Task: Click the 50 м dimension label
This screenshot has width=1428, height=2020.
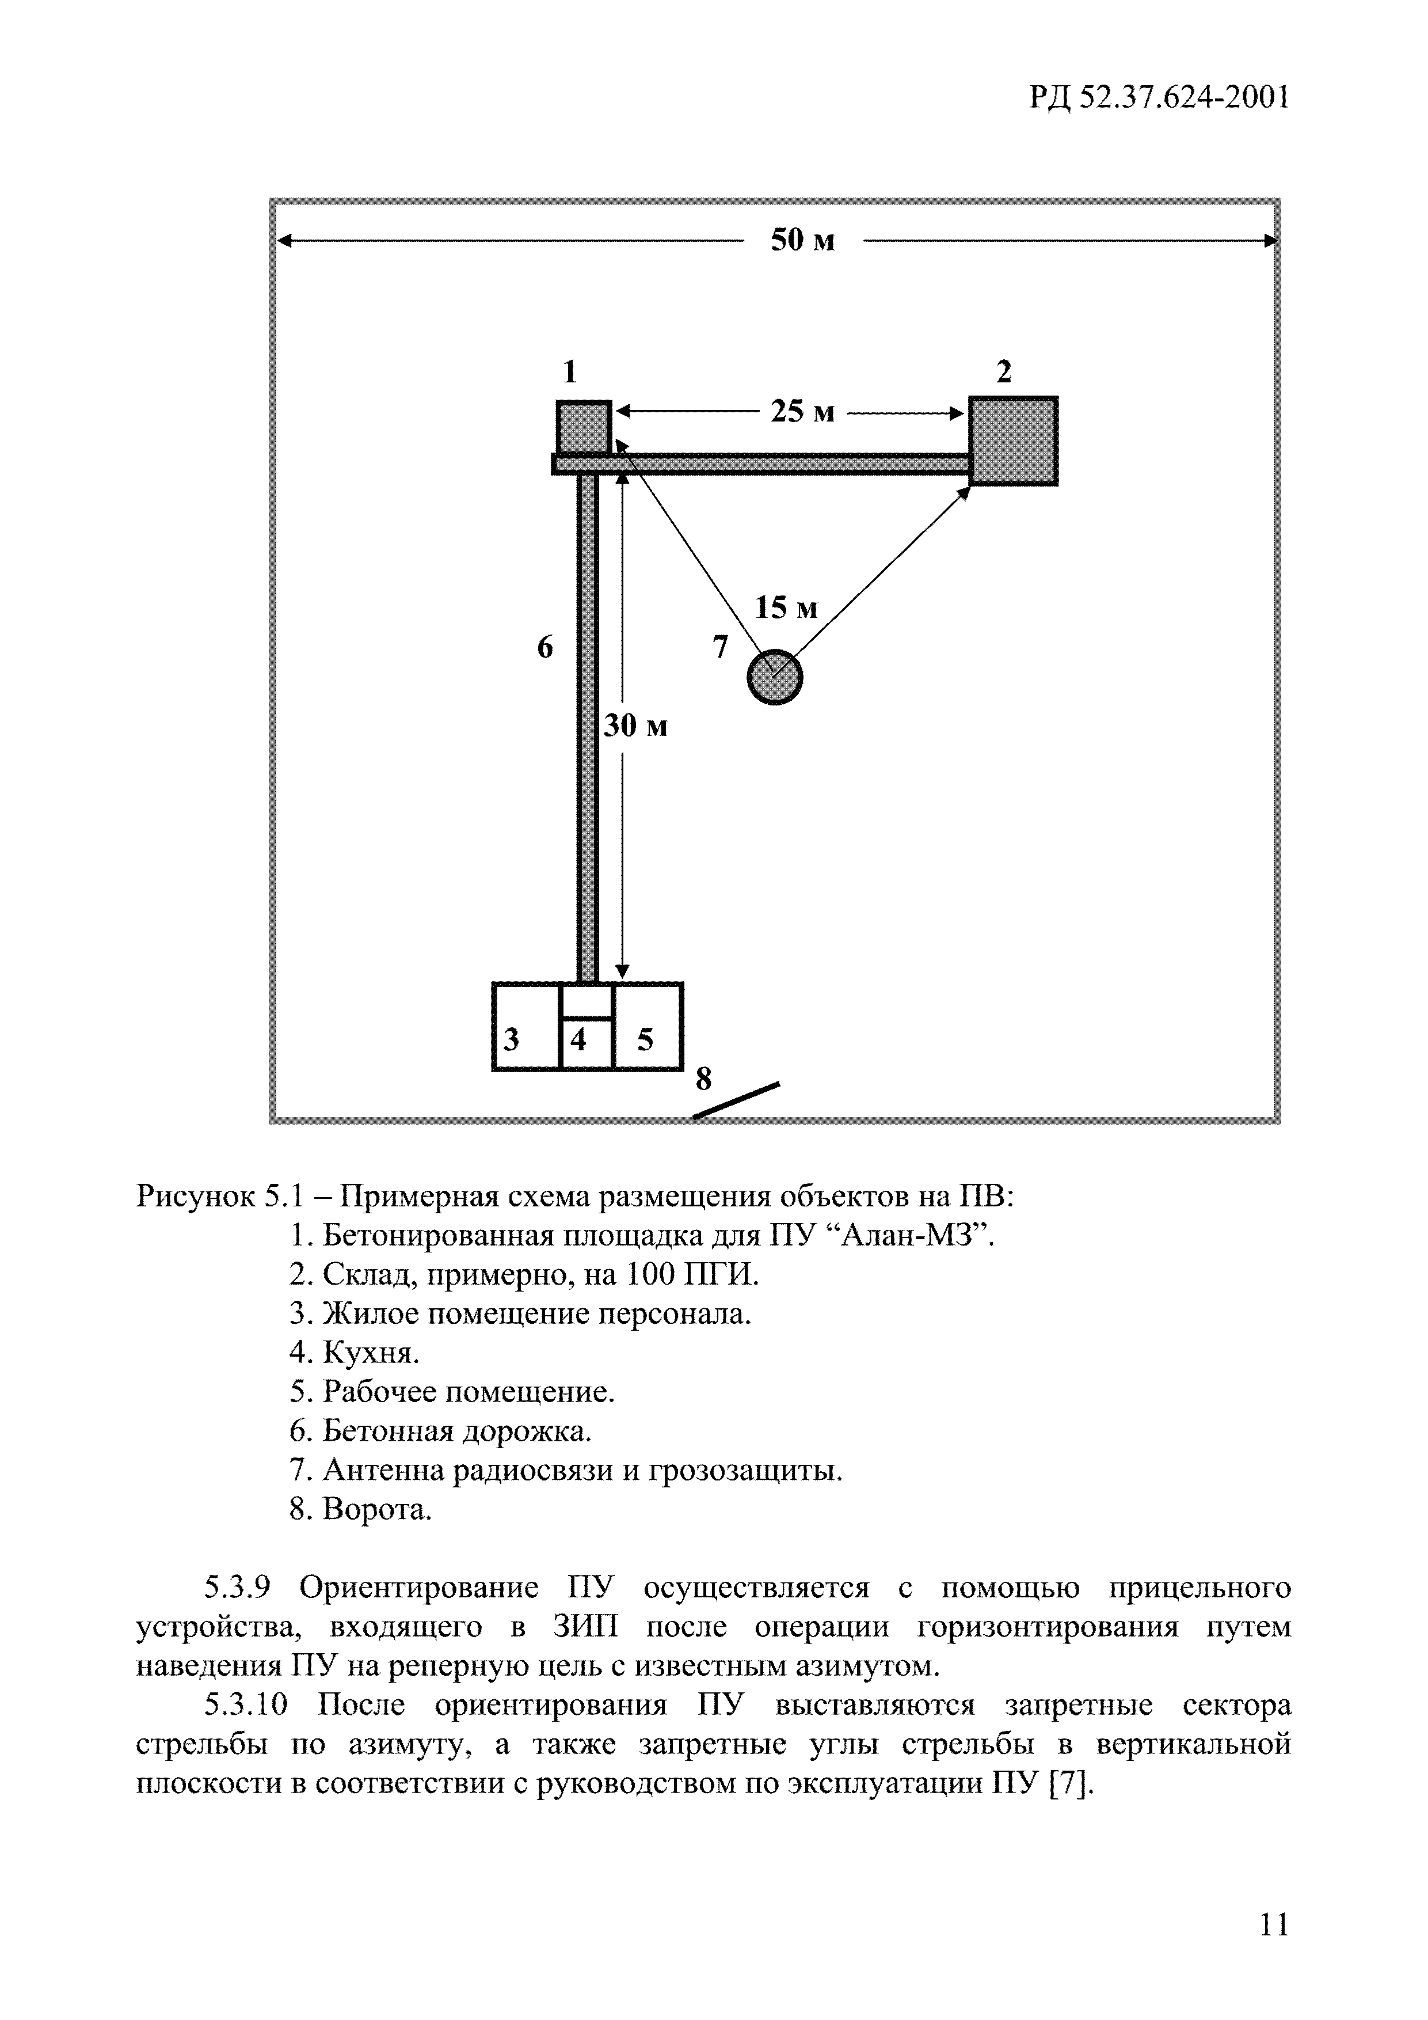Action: [802, 240]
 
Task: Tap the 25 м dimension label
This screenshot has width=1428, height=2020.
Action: [802, 411]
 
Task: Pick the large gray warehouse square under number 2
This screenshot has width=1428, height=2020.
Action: [1013, 440]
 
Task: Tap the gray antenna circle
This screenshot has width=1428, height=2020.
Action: [775, 677]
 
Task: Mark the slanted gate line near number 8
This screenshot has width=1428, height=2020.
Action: [736, 1100]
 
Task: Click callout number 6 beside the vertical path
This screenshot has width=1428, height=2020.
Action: [545, 648]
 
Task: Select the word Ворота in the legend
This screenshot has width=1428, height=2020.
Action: [377, 1510]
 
